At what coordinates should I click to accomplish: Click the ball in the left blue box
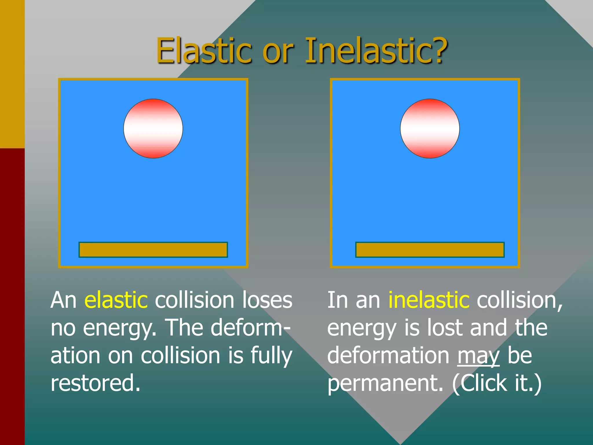tap(153, 129)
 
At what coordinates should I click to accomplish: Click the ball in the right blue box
tap(430, 129)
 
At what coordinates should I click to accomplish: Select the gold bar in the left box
tap(153, 250)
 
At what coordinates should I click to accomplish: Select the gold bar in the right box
tap(430, 250)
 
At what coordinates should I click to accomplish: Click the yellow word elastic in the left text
tap(116, 300)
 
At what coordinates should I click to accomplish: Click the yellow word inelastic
tap(429, 300)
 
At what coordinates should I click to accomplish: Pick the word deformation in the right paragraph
tap(388, 355)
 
